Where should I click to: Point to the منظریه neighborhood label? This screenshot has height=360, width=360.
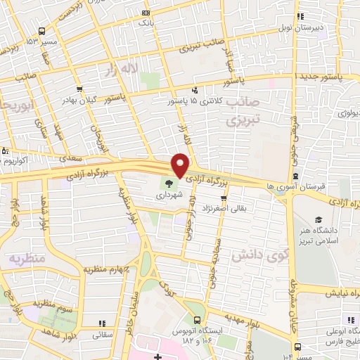point(26,259)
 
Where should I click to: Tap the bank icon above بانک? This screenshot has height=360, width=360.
point(146,13)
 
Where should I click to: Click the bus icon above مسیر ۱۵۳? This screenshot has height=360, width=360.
point(41,31)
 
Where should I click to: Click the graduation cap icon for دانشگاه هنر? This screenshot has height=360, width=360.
point(318,220)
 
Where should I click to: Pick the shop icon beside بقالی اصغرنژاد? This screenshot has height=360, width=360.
point(224,198)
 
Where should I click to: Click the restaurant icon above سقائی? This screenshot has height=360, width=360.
point(103,324)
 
